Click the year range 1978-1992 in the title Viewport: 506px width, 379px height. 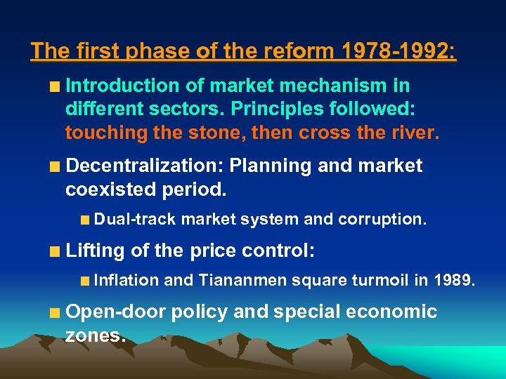(398, 52)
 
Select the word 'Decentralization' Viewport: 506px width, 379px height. (144, 166)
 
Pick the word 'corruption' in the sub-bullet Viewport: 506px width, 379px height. (380, 220)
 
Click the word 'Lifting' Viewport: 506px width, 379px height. (94, 251)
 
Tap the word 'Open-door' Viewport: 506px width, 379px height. (111, 312)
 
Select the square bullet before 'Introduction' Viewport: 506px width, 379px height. (54, 88)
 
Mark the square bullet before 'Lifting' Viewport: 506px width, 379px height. (54, 252)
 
